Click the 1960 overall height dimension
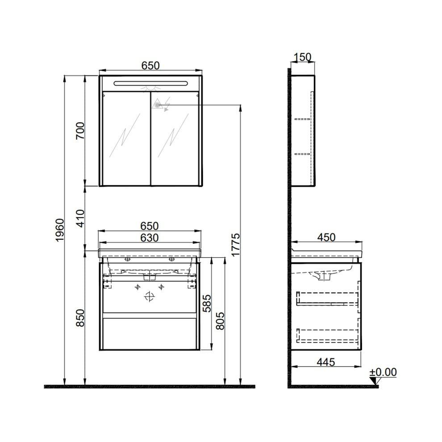[x=60, y=231]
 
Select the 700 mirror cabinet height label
[x=80, y=131]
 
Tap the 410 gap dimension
[x=80, y=218]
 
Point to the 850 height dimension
[x=80, y=317]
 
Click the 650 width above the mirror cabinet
[x=150, y=65]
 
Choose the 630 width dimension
[x=150, y=238]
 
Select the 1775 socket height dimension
[x=236, y=245]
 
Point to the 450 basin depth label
[x=326, y=238]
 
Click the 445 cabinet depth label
[x=325, y=362]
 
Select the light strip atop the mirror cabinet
[x=150, y=83]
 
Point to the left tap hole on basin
[x=127, y=259]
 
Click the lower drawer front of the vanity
[x=150, y=334]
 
